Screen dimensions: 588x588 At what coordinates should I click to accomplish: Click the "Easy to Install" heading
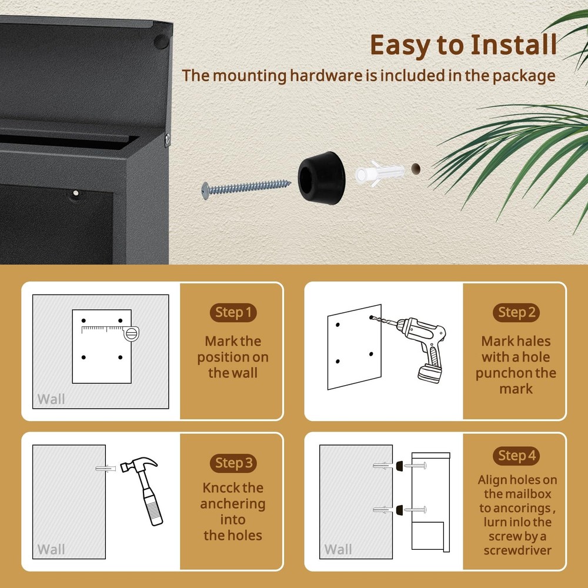[463, 45]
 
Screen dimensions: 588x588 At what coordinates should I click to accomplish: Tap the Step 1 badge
[233, 312]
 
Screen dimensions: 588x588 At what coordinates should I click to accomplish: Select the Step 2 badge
[516, 312]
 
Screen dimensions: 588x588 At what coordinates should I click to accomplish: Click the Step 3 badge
[233, 463]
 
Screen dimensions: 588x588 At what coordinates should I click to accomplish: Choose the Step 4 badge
[516, 455]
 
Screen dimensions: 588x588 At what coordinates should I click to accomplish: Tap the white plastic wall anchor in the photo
[379, 173]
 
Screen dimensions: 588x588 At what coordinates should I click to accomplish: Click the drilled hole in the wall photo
[416, 169]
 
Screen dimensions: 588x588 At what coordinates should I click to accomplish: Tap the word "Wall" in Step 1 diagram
[51, 399]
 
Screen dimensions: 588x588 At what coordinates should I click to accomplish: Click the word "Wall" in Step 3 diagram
[51, 550]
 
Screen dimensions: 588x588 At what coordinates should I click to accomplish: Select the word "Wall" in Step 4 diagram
[338, 550]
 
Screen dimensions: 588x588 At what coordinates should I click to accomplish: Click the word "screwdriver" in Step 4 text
[517, 550]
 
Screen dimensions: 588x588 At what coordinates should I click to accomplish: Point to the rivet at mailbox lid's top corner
[159, 42]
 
